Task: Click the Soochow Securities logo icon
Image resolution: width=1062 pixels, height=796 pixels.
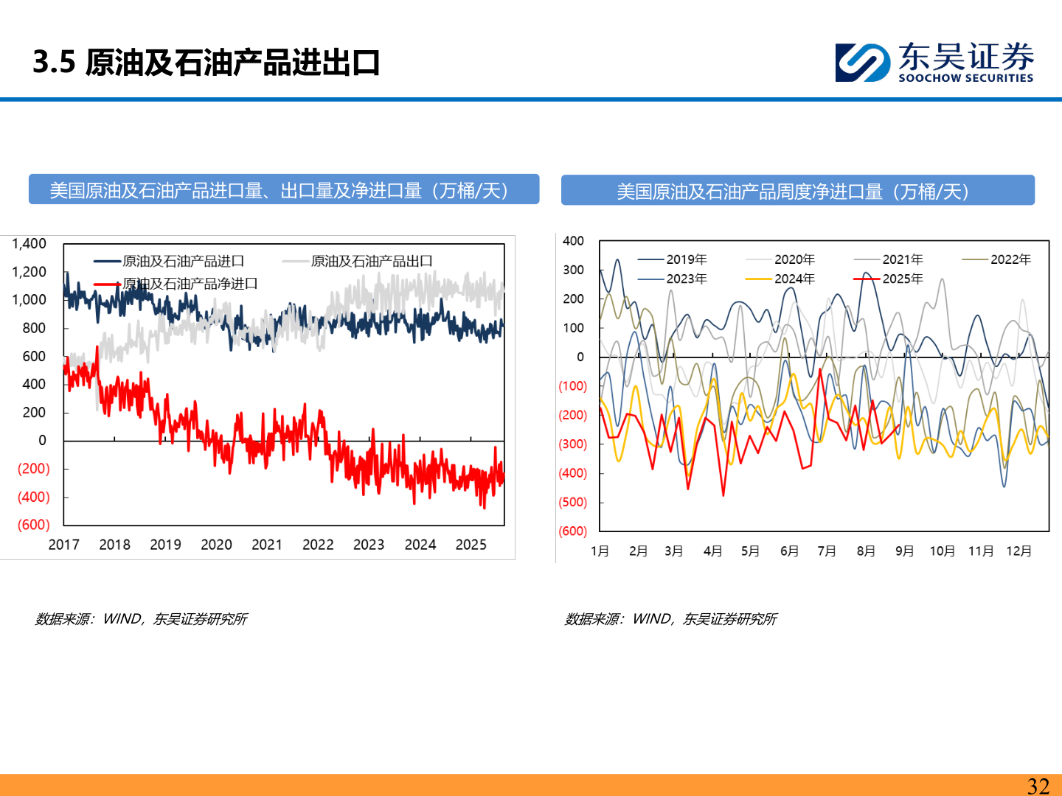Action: pyautogui.click(x=861, y=62)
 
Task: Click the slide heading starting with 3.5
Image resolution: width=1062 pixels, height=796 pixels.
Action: pyautogui.click(x=206, y=63)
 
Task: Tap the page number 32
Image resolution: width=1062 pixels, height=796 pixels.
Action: pyautogui.click(x=1038, y=786)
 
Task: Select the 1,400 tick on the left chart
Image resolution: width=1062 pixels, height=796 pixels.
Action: pyautogui.click(x=29, y=244)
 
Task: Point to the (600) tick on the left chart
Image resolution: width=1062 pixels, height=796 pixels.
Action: pyautogui.click(x=33, y=525)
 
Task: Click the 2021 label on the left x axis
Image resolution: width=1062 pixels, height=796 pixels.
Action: pyautogui.click(x=267, y=545)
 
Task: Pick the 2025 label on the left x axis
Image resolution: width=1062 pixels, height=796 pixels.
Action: pyautogui.click(x=471, y=545)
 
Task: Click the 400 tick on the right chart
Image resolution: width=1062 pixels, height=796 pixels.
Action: pyautogui.click(x=573, y=241)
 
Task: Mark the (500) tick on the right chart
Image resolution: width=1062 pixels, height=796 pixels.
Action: pyautogui.click(x=573, y=503)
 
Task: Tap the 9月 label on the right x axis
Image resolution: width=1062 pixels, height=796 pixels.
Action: pyautogui.click(x=904, y=551)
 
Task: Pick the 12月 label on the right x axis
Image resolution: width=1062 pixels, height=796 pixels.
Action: pyautogui.click(x=1018, y=551)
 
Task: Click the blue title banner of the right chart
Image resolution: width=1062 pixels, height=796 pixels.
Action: pyautogui.click(x=797, y=191)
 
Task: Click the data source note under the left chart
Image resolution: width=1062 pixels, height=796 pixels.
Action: pyautogui.click(x=141, y=619)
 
